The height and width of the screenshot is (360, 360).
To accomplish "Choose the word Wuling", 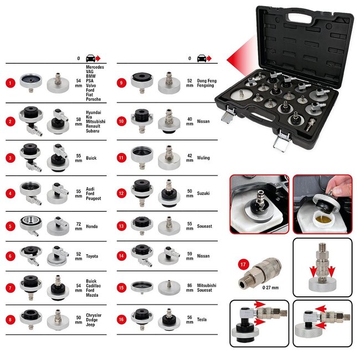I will [x=203, y=158].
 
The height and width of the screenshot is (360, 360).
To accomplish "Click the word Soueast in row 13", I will [x=204, y=227].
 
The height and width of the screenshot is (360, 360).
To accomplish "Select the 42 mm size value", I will [x=190, y=158].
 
